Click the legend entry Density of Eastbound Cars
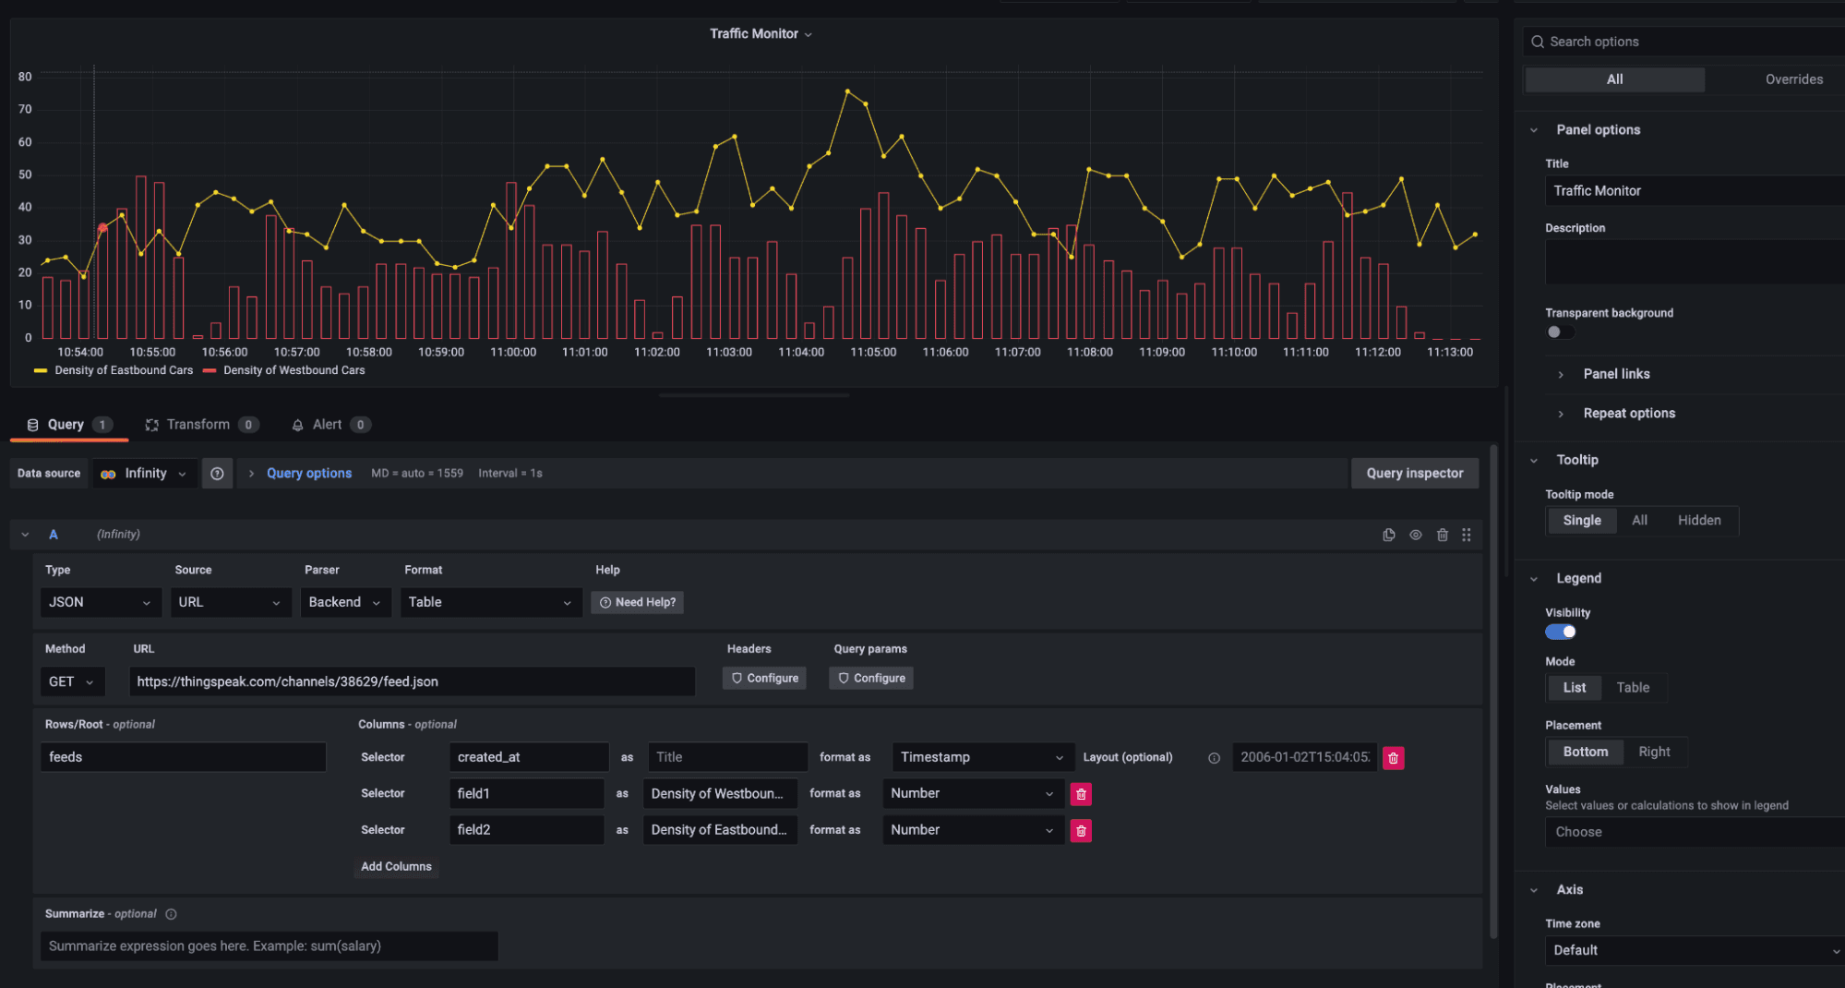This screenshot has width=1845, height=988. [x=123, y=370]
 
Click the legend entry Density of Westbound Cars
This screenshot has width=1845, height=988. [x=294, y=370]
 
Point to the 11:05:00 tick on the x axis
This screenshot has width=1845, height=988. [x=872, y=352]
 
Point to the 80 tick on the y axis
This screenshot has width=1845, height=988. [x=25, y=77]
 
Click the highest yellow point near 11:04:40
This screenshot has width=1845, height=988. [x=847, y=91]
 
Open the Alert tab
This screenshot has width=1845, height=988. [x=327, y=425]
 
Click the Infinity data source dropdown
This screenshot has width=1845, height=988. [x=145, y=474]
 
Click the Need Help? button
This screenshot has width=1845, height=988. [x=637, y=602]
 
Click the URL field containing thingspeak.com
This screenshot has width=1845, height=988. [x=411, y=681]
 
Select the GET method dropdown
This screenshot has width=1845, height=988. [x=71, y=681]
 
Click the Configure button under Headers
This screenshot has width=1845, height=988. [x=764, y=678]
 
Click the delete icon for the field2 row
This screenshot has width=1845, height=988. [x=1080, y=830]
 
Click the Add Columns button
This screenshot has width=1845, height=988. [x=396, y=866]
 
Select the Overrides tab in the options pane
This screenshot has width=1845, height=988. [x=1793, y=79]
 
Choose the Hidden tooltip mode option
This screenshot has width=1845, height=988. [x=1698, y=521]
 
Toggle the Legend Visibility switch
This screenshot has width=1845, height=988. [x=1561, y=632]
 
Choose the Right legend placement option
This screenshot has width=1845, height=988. [x=1653, y=752]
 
